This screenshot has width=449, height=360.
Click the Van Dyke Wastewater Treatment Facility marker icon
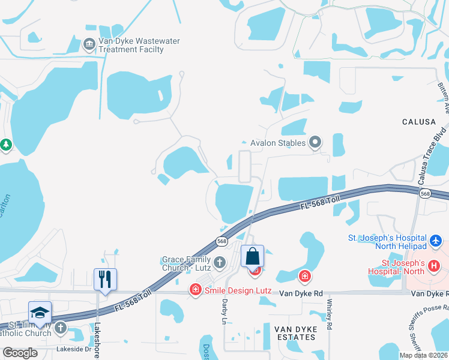(x=89, y=44)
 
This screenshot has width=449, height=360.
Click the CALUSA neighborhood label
(x=418, y=122)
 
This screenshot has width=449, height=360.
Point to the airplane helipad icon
(x=436, y=241)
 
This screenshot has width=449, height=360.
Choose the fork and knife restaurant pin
(x=105, y=279)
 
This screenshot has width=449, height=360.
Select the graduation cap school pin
(x=40, y=313)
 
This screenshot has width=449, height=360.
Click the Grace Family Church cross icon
(x=220, y=262)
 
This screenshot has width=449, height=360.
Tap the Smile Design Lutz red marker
(x=195, y=290)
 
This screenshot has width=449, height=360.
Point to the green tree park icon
(x=6, y=145)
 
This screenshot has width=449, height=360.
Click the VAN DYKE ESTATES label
(x=295, y=333)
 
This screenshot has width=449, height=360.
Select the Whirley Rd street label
(x=330, y=316)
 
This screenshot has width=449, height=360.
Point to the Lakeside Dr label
(x=73, y=348)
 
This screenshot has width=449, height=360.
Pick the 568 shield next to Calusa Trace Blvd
(x=425, y=193)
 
